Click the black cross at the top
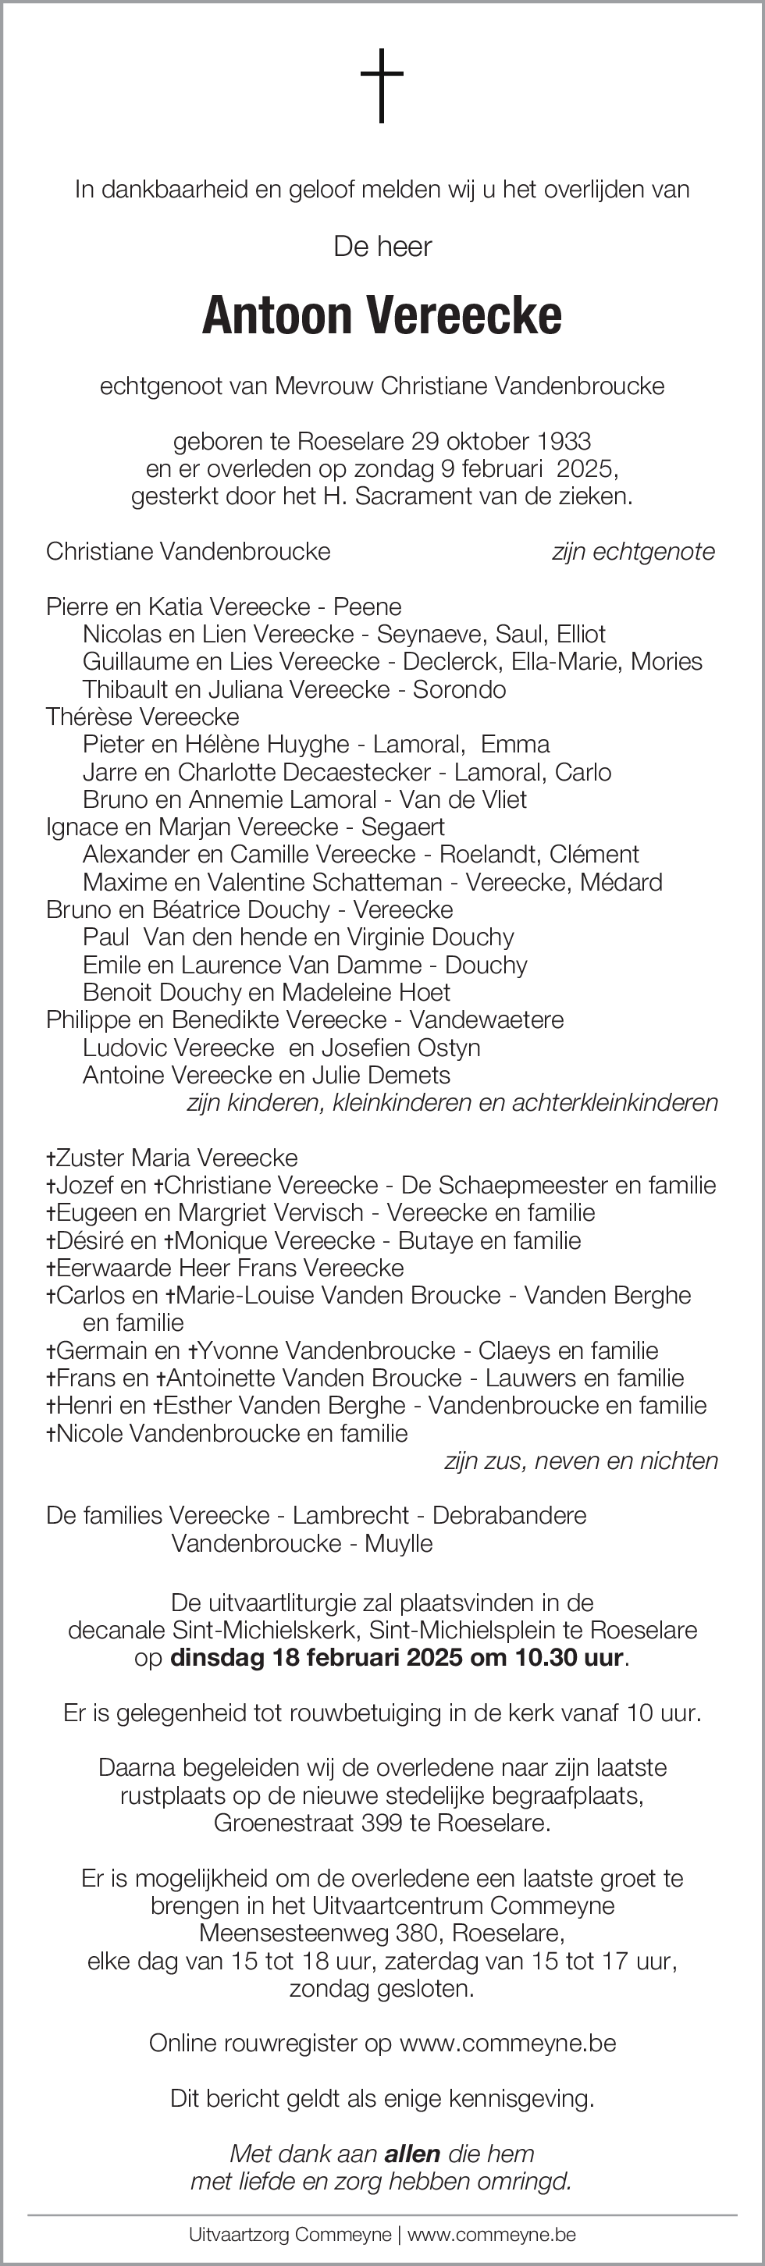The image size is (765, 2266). [382, 84]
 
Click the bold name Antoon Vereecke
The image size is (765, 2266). [382, 317]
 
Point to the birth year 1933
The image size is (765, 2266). [564, 441]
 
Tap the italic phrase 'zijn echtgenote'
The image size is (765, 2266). [633, 552]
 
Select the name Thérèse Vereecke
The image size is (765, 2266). [142, 717]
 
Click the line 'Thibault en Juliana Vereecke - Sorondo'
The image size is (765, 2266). [294, 690]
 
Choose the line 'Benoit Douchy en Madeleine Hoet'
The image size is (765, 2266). [265, 992]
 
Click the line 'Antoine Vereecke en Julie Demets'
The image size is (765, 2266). [265, 1075]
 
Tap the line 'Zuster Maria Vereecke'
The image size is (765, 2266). [176, 1158]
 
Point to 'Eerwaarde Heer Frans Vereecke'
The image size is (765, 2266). [229, 1268]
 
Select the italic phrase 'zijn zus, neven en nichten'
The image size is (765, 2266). [582, 1461]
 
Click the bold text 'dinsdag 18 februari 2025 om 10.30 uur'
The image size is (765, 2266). [397, 1658]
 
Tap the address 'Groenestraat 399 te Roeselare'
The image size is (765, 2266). [382, 1823]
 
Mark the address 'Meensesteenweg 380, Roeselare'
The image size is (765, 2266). [382, 1933]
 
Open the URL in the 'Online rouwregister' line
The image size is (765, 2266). [507, 2043]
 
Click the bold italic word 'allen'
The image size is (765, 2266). [412, 2154]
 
